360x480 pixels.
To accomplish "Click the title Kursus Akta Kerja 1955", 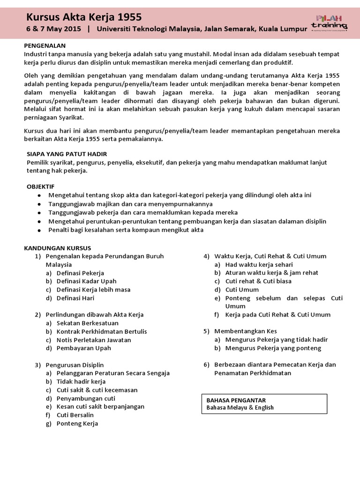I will pos(84,17).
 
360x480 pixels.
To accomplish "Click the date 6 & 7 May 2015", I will pos(53,29).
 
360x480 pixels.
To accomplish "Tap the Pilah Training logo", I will pos(329,22).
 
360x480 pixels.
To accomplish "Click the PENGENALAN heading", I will pos(45,45).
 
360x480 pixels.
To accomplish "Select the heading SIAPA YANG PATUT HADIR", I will pos(67,154).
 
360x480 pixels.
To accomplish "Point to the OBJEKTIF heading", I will pos(41,186).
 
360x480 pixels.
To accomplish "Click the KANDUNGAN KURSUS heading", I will pos(58,248).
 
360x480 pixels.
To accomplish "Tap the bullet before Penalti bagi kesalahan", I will pos(39,230).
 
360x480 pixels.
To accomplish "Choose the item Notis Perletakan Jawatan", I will pos(94,340).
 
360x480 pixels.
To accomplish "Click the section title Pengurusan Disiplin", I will pos(75,365).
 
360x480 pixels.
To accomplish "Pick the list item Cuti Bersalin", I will pos(75,415).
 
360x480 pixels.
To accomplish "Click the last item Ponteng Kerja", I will pos(77,423).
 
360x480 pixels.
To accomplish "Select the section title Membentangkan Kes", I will pos(246,331).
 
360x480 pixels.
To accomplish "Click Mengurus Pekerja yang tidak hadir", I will pos(277,339).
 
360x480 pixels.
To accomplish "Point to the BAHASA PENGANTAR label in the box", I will pos(236,400).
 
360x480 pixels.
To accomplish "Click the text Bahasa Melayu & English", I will pos(240,408).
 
